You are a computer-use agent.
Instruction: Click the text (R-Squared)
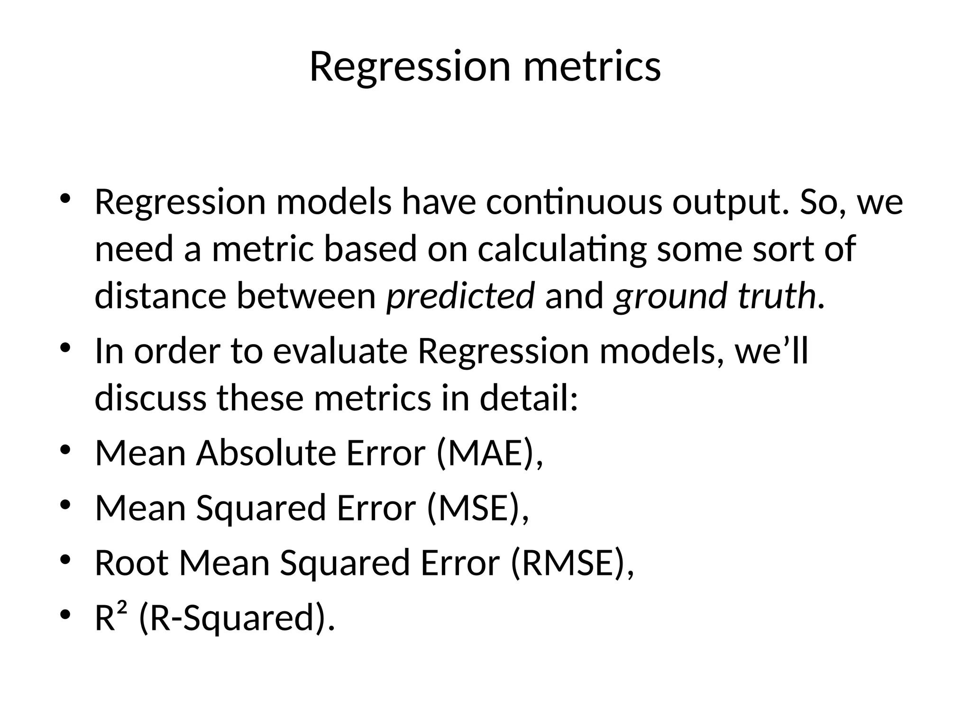(233, 618)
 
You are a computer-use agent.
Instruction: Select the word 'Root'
(132, 563)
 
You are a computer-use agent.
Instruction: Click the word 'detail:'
(529, 398)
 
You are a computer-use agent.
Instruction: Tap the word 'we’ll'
(771, 352)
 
